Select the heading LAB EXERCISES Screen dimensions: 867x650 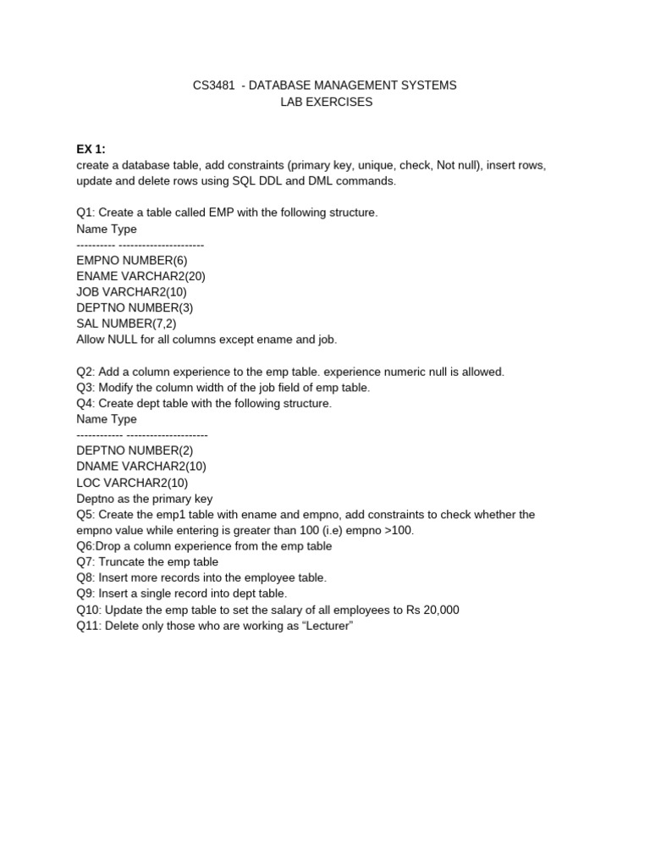325,102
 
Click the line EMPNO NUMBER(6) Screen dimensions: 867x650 126,260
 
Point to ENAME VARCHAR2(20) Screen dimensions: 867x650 140,276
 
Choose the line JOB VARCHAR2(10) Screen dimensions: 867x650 131,292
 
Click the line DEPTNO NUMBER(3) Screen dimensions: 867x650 129,307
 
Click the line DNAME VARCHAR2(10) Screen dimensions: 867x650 140,467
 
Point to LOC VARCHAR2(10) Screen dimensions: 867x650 131,483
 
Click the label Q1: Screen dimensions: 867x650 85,213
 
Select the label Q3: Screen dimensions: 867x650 85,387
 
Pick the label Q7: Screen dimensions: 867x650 85,561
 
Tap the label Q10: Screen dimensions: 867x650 89,610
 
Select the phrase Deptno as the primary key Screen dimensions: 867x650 144,499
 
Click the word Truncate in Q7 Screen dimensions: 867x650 124,561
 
